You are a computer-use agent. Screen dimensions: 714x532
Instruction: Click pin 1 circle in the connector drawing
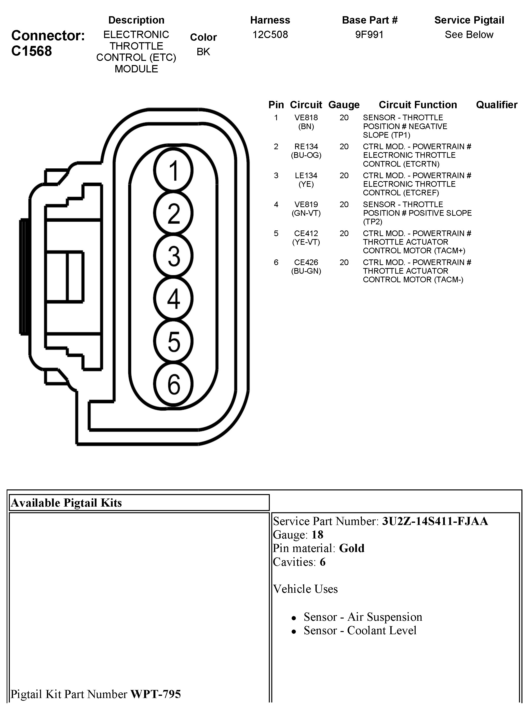[173, 170]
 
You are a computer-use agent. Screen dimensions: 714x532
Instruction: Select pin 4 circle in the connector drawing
[173, 298]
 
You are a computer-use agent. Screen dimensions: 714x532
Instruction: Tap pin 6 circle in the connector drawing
[173, 384]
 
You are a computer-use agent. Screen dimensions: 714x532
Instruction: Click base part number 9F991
[369, 34]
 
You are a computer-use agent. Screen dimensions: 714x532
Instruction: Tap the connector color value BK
[203, 52]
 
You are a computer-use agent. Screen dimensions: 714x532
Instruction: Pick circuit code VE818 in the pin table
[306, 118]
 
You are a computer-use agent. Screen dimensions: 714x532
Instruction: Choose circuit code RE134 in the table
[306, 147]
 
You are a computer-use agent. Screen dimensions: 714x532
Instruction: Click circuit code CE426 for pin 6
[306, 262]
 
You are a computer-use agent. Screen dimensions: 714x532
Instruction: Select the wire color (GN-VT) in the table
[306, 213]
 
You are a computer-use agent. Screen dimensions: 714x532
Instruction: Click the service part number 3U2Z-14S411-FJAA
[435, 521]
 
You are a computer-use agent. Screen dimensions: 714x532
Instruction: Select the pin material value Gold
[352, 548]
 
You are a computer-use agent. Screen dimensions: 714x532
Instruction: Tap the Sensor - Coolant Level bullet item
[360, 630]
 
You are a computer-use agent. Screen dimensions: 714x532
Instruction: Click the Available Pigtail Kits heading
[66, 503]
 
